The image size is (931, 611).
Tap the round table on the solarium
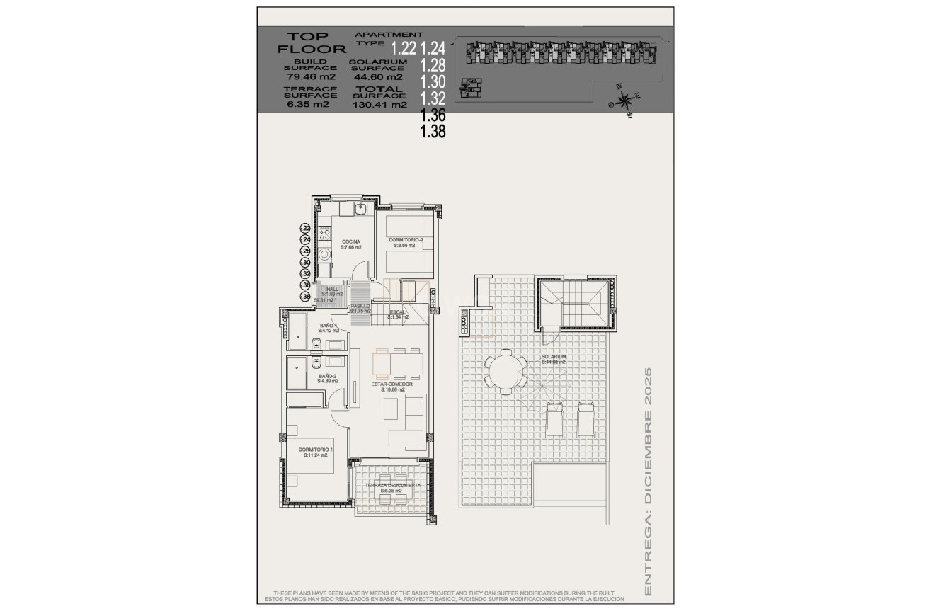pos(506,371)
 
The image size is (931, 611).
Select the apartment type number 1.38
pos(433,131)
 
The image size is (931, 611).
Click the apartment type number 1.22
pos(404,49)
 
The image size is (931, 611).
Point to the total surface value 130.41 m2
pos(379,105)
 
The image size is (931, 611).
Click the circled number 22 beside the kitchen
pos(306,228)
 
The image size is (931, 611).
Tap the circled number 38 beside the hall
pos(306,296)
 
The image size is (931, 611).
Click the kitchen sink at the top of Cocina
pos(359,210)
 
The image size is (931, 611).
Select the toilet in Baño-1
pos(316,345)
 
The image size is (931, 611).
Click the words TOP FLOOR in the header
pos(312,42)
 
